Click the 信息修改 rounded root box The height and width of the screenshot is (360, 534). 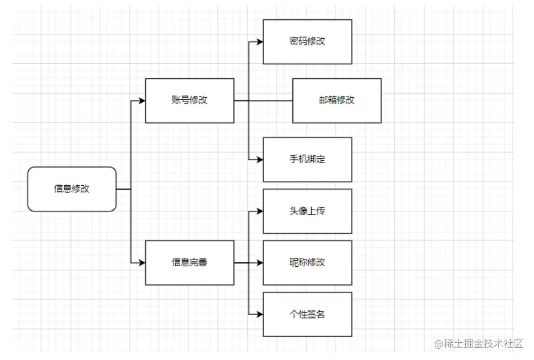point(72,189)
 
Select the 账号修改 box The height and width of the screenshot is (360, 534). point(190,100)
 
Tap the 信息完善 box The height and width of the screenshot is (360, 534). point(190,262)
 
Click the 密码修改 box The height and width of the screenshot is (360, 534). point(307,42)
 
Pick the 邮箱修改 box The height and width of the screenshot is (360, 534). point(337,100)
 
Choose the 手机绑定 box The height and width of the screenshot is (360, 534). point(307,159)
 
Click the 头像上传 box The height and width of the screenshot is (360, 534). point(307,211)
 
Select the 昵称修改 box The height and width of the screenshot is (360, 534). point(307,262)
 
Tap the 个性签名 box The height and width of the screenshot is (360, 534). point(307,314)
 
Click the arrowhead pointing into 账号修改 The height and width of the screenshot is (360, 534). point(142,101)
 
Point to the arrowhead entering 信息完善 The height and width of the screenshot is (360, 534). point(142,263)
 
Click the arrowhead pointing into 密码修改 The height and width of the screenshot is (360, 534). point(260,42)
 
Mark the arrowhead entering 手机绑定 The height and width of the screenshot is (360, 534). point(260,160)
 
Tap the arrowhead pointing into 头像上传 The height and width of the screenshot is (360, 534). point(260,211)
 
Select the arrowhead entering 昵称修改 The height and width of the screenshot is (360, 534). point(260,263)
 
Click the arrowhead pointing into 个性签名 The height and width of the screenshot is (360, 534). point(260,315)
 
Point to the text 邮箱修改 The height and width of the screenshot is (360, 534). point(337,100)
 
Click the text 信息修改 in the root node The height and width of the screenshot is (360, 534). point(72,189)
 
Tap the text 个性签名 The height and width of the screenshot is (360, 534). point(307,314)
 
